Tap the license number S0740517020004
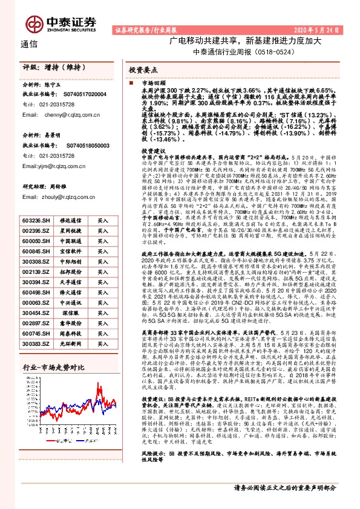82,95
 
